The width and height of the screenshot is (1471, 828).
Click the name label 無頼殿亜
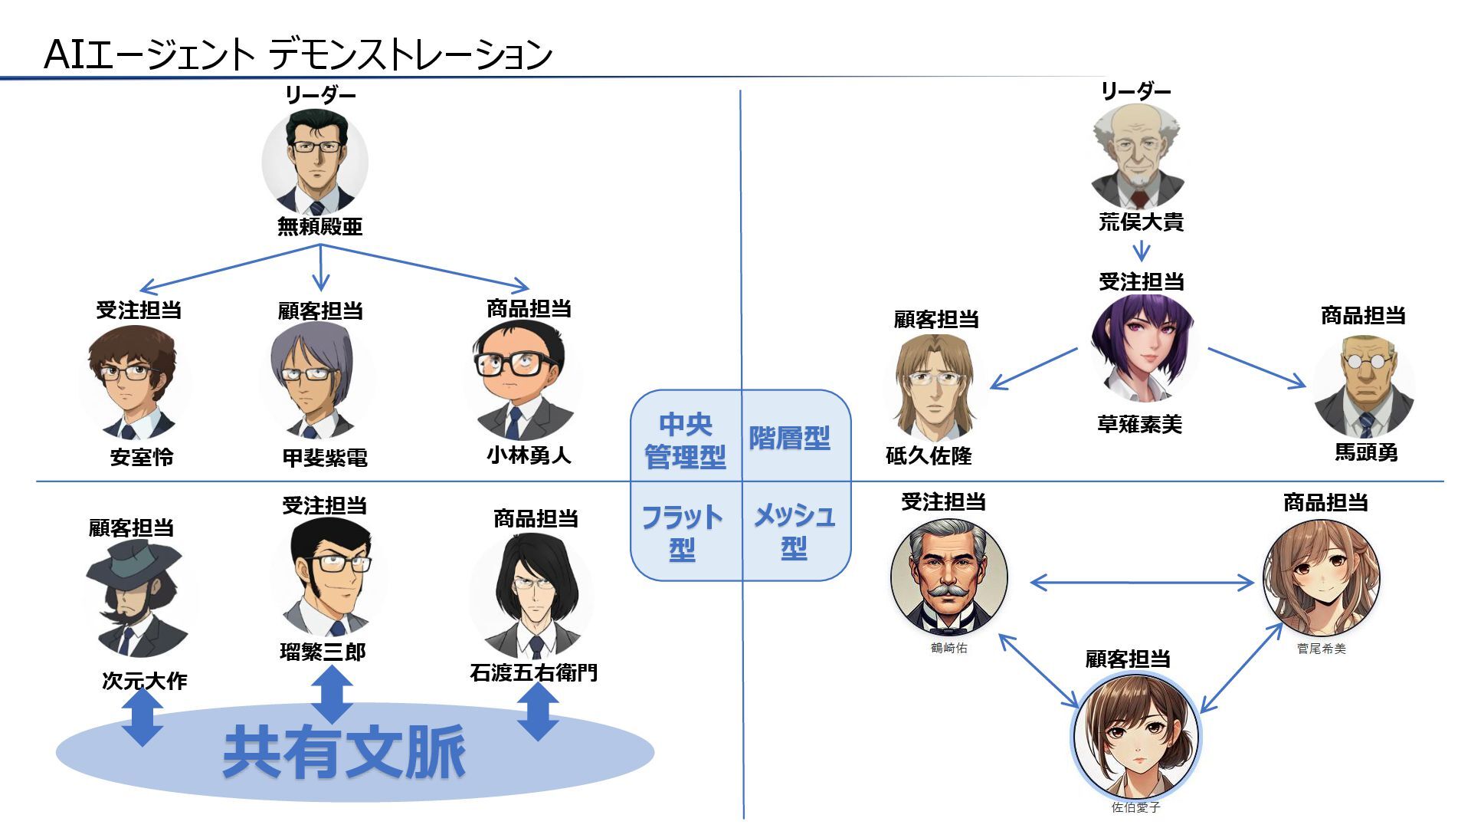319,227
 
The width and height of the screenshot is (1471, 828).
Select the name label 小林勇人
529,455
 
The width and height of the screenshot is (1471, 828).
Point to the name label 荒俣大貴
1141,222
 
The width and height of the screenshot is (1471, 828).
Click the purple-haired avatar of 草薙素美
1142,349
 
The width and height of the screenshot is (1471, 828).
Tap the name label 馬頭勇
1366,452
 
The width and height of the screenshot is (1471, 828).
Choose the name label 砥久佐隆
929,456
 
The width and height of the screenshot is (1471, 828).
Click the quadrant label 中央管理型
685,441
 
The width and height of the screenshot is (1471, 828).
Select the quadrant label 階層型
790,439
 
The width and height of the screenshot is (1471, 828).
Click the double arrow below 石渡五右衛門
538,711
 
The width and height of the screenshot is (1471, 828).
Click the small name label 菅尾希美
1321,649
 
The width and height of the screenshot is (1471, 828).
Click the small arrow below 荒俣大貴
1142,251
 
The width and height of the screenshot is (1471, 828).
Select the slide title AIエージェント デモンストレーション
298,54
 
